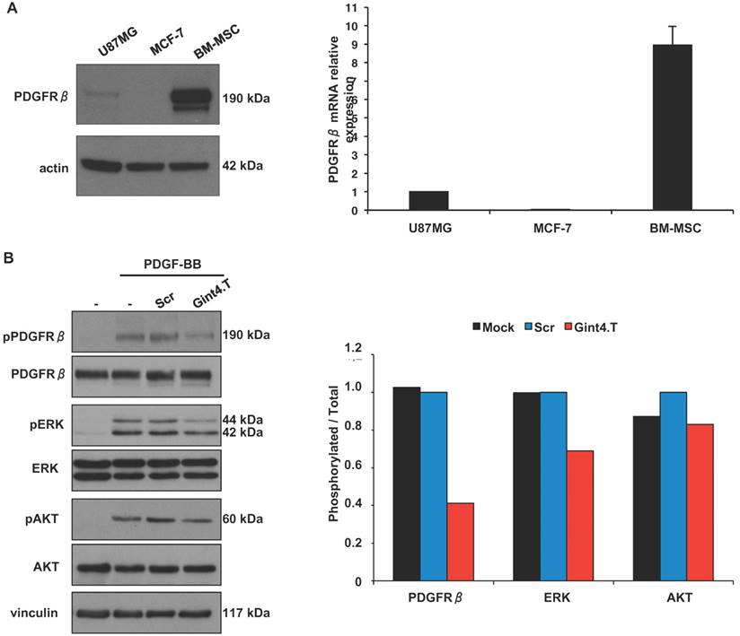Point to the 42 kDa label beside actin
243,166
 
